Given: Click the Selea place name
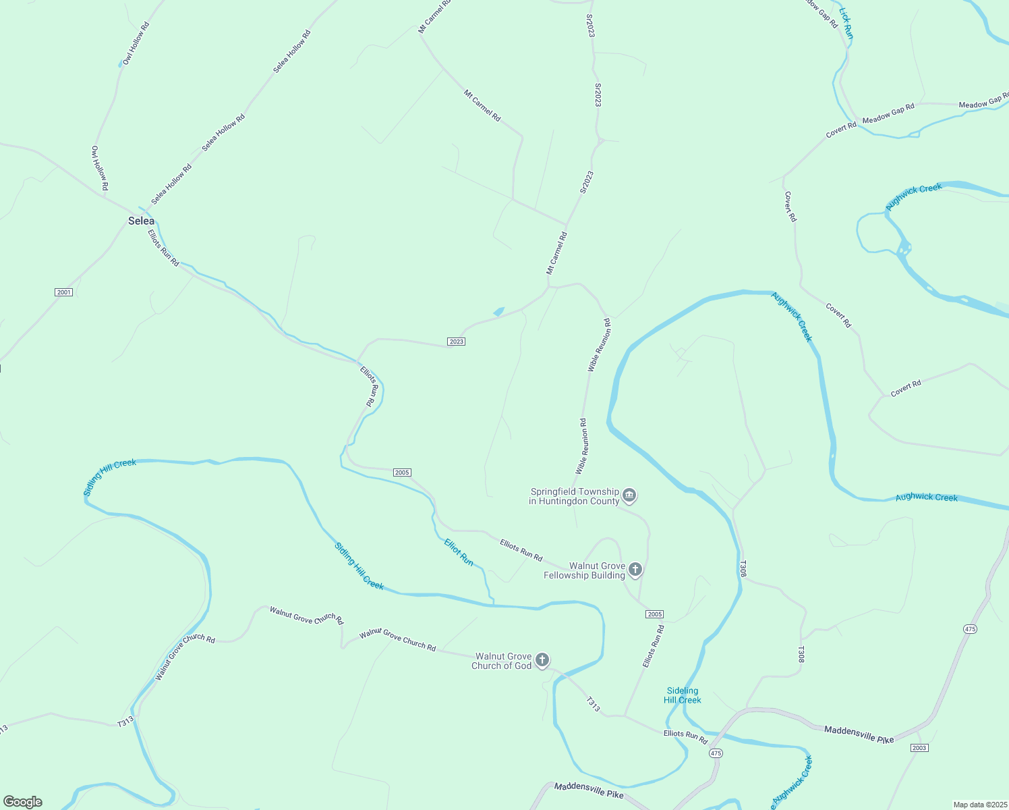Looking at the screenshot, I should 141,221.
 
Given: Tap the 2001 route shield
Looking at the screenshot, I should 63,292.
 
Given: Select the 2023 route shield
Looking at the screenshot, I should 456,342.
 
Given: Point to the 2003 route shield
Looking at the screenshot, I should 919,748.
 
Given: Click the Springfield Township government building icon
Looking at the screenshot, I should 629,496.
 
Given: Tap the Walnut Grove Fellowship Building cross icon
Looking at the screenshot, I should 635,570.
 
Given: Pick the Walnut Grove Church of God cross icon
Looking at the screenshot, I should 542,660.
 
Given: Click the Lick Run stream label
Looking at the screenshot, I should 846,22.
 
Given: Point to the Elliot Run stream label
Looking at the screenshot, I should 459,551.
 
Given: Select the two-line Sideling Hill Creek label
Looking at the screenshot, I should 683,695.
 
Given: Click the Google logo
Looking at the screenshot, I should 23,802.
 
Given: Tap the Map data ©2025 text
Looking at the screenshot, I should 979,805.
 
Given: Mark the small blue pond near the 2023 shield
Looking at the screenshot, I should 499,311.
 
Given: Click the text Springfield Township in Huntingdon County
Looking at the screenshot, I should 574,496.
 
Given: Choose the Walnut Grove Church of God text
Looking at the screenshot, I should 502,661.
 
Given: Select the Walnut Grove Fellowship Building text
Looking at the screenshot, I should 585,570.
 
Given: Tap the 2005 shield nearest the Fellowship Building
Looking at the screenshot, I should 654,614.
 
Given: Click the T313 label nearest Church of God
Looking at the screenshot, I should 593,704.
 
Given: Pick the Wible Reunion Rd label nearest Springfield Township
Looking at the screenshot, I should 581,446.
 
